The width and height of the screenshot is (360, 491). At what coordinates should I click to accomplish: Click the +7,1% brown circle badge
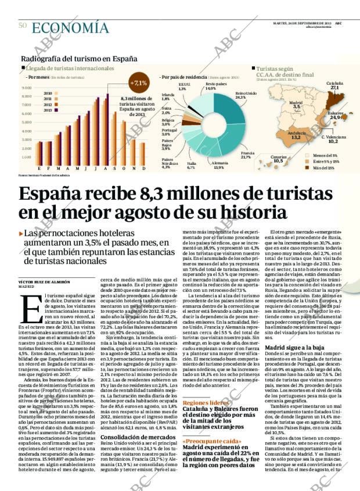(x=139, y=83)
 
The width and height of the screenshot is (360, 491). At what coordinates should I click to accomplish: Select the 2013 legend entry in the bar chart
(x=48, y=110)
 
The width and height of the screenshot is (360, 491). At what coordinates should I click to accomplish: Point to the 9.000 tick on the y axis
(x=26, y=88)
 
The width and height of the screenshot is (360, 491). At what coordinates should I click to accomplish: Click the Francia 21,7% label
(x=246, y=155)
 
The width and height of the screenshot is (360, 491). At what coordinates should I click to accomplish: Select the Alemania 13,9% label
(x=218, y=165)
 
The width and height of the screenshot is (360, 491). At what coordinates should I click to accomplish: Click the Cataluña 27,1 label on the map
(x=334, y=85)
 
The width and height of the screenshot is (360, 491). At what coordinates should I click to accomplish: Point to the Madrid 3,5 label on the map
(x=296, y=105)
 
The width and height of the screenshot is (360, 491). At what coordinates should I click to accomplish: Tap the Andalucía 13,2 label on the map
(x=296, y=136)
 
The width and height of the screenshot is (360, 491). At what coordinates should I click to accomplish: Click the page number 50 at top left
(x=23, y=25)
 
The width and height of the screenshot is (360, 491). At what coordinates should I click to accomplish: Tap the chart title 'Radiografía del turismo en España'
(x=79, y=59)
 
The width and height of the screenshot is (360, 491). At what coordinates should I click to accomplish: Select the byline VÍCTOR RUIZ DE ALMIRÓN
(x=45, y=281)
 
